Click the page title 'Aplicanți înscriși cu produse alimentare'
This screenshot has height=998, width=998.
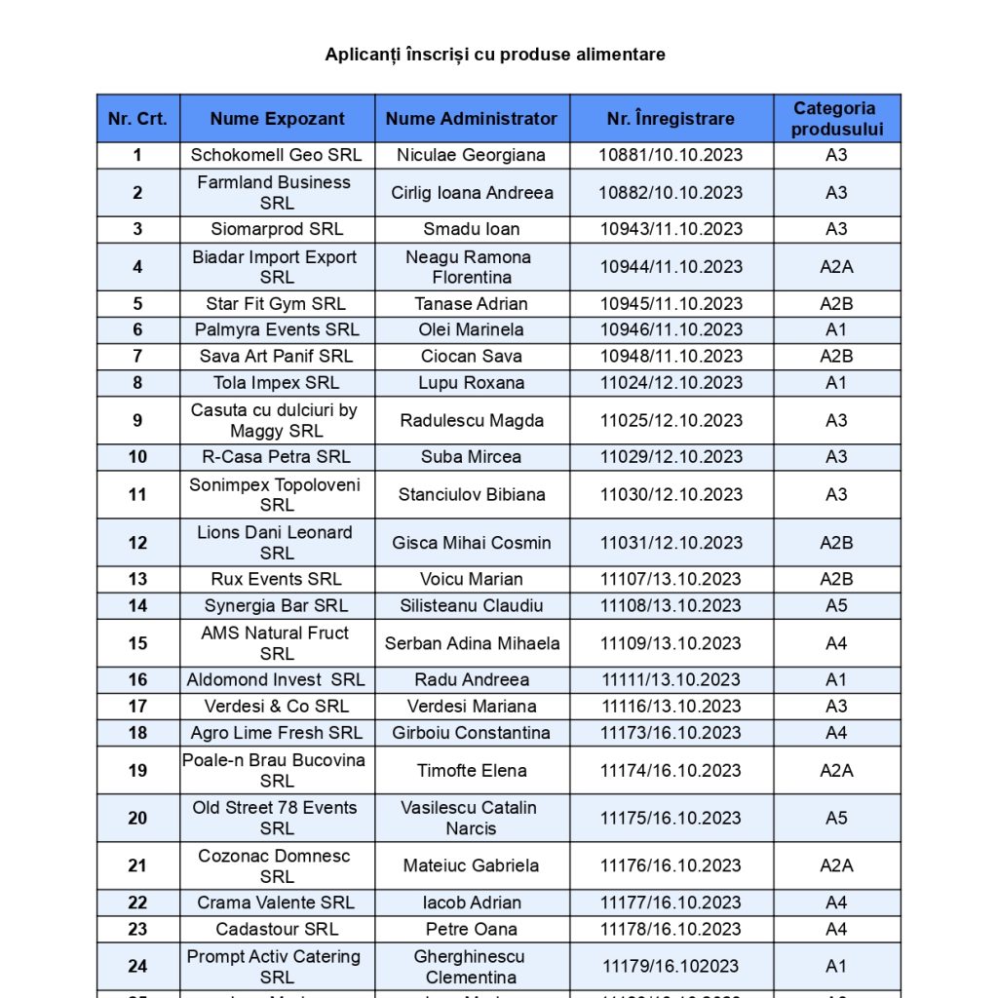(495, 55)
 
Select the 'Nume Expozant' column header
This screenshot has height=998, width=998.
(277, 119)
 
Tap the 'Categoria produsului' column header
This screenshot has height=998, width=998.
(836, 119)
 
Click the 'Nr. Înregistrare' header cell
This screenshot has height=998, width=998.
(671, 119)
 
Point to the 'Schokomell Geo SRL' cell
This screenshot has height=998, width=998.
(277, 155)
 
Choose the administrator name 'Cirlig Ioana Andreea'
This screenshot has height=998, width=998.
(472, 193)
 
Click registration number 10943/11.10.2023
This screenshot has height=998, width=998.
(671, 230)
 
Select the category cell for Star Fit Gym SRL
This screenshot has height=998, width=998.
(836, 304)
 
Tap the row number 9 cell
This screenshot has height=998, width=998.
(137, 421)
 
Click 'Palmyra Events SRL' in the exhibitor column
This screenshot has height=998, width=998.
(277, 330)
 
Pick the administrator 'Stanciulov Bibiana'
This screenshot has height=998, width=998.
(472, 495)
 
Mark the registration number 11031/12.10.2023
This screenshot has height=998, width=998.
(671, 543)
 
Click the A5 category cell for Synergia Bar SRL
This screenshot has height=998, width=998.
(836, 606)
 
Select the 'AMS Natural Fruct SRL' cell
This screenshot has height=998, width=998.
(277, 643)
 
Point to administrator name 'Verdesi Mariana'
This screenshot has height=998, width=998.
(472, 707)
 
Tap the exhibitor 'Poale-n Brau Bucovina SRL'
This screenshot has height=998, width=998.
(277, 770)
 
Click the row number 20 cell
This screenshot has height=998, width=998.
(137, 819)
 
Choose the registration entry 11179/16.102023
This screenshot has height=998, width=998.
(671, 967)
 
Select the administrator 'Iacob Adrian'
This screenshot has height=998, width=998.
(472, 903)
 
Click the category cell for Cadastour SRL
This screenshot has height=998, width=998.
(836, 930)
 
